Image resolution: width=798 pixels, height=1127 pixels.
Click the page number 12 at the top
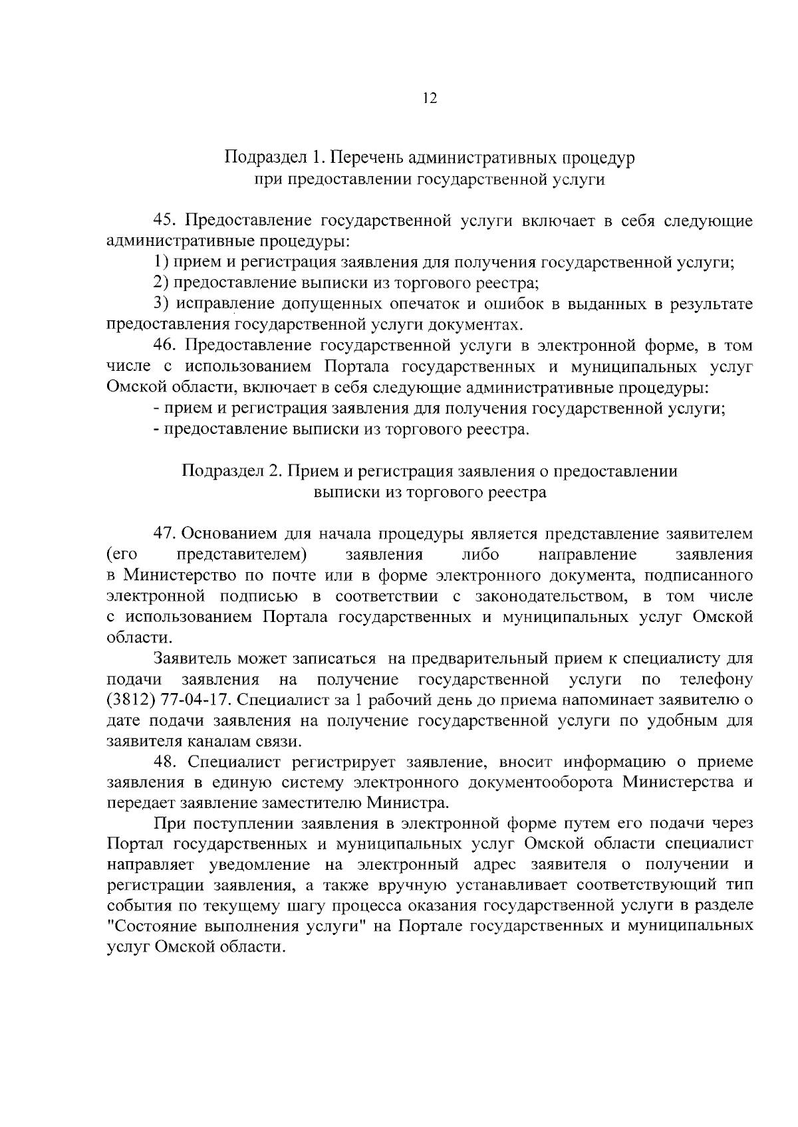point(429,99)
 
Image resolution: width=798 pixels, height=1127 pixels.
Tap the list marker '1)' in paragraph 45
point(160,262)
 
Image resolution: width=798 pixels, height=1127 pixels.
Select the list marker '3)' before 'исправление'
point(160,304)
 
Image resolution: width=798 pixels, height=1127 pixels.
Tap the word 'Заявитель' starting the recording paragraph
point(192,659)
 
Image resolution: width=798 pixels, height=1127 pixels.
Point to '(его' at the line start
point(119,555)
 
